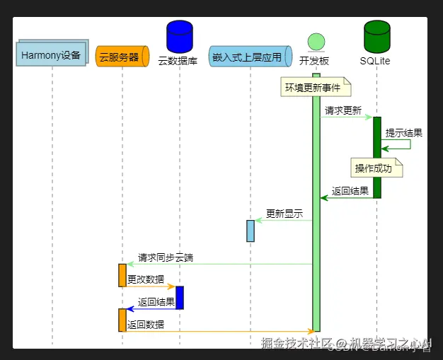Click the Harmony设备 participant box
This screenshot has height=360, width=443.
[x=51, y=55]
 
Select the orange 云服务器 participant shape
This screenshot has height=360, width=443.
[x=122, y=56]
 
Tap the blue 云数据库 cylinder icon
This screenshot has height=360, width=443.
[x=179, y=37]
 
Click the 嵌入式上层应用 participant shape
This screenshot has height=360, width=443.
[x=251, y=56]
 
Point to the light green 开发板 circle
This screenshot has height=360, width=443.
[x=316, y=41]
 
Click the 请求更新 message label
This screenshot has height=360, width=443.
[x=343, y=110]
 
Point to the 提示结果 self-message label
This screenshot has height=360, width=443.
[x=404, y=132]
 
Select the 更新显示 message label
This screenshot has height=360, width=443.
[x=284, y=214]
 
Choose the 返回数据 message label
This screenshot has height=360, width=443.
[x=146, y=325]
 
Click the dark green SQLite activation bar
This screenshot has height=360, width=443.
[x=377, y=157]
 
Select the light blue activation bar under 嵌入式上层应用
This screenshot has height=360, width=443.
[x=251, y=231]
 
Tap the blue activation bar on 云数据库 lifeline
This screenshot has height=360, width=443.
[x=180, y=297]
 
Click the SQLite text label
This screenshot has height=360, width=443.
[x=375, y=62]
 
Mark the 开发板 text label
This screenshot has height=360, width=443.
[x=314, y=62]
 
